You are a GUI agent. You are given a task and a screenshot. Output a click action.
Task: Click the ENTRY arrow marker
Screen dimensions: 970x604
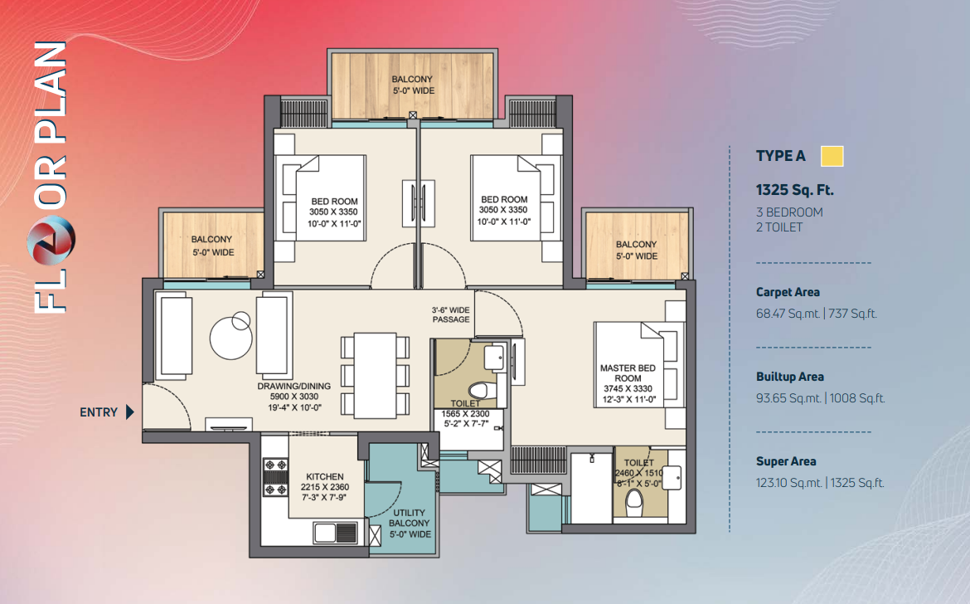click(x=130, y=412)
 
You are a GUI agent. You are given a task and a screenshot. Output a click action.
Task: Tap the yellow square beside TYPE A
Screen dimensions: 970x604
click(x=832, y=156)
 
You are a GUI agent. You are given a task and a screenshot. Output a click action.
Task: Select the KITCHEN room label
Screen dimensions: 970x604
click(x=325, y=476)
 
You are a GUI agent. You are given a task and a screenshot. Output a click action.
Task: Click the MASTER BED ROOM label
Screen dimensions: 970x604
click(x=628, y=373)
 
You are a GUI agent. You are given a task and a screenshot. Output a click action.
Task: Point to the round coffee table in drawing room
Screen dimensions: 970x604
click(x=230, y=338)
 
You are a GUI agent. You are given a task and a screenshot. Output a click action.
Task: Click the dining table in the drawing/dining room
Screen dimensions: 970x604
click(x=375, y=376)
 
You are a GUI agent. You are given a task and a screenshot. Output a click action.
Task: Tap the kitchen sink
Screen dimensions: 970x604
click(x=335, y=533)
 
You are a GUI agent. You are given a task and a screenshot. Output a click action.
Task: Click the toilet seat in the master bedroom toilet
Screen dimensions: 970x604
click(x=634, y=501)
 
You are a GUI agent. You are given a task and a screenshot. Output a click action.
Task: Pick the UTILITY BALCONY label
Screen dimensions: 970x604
click(x=410, y=518)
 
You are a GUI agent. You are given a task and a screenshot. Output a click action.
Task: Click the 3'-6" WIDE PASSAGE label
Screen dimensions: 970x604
click(x=451, y=314)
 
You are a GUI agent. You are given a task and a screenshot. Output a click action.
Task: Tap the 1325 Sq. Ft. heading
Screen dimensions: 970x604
click(x=794, y=190)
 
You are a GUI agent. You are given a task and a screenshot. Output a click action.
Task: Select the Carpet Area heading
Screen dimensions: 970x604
click(x=788, y=292)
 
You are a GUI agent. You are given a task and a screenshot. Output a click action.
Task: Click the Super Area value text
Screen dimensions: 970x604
click(x=820, y=483)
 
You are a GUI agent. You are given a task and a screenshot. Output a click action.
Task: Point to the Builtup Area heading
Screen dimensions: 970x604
click(x=790, y=377)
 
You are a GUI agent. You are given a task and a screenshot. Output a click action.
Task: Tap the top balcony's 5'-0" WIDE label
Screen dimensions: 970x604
click(x=414, y=90)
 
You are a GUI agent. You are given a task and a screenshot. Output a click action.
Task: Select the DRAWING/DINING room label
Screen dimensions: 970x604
click(x=293, y=386)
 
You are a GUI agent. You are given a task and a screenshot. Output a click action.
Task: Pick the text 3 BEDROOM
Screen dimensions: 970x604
click(x=789, y=212)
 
